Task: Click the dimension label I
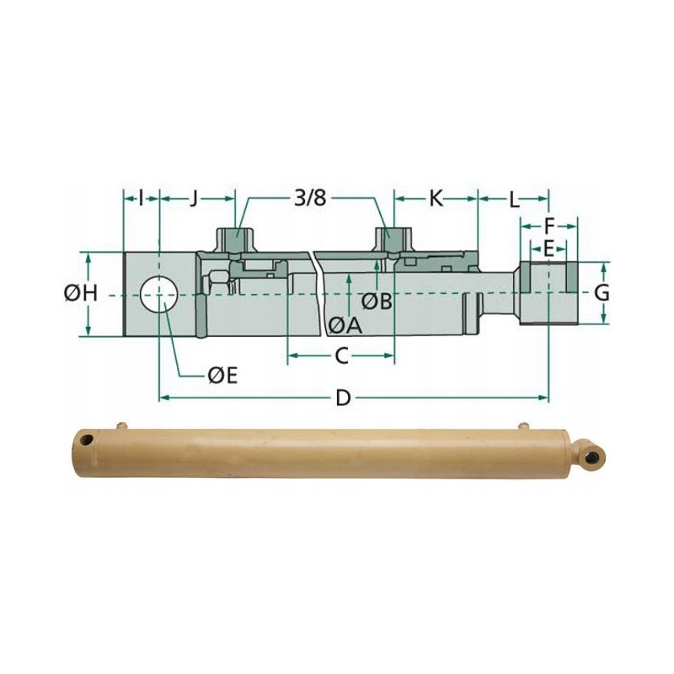(142, 199)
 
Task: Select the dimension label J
(194, 199)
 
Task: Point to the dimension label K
(436, 199)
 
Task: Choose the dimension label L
(513, 199)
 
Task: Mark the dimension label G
(602, 293)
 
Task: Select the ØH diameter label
(82, 293)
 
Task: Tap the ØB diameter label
(377, 301)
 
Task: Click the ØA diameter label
(345, 324)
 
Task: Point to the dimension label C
(341, 356)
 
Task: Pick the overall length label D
(342, 398)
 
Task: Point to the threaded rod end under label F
(548, 293)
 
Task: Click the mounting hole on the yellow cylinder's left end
(83, 441)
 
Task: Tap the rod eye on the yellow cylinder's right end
(592, 455)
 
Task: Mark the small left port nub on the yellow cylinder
(124, 426)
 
